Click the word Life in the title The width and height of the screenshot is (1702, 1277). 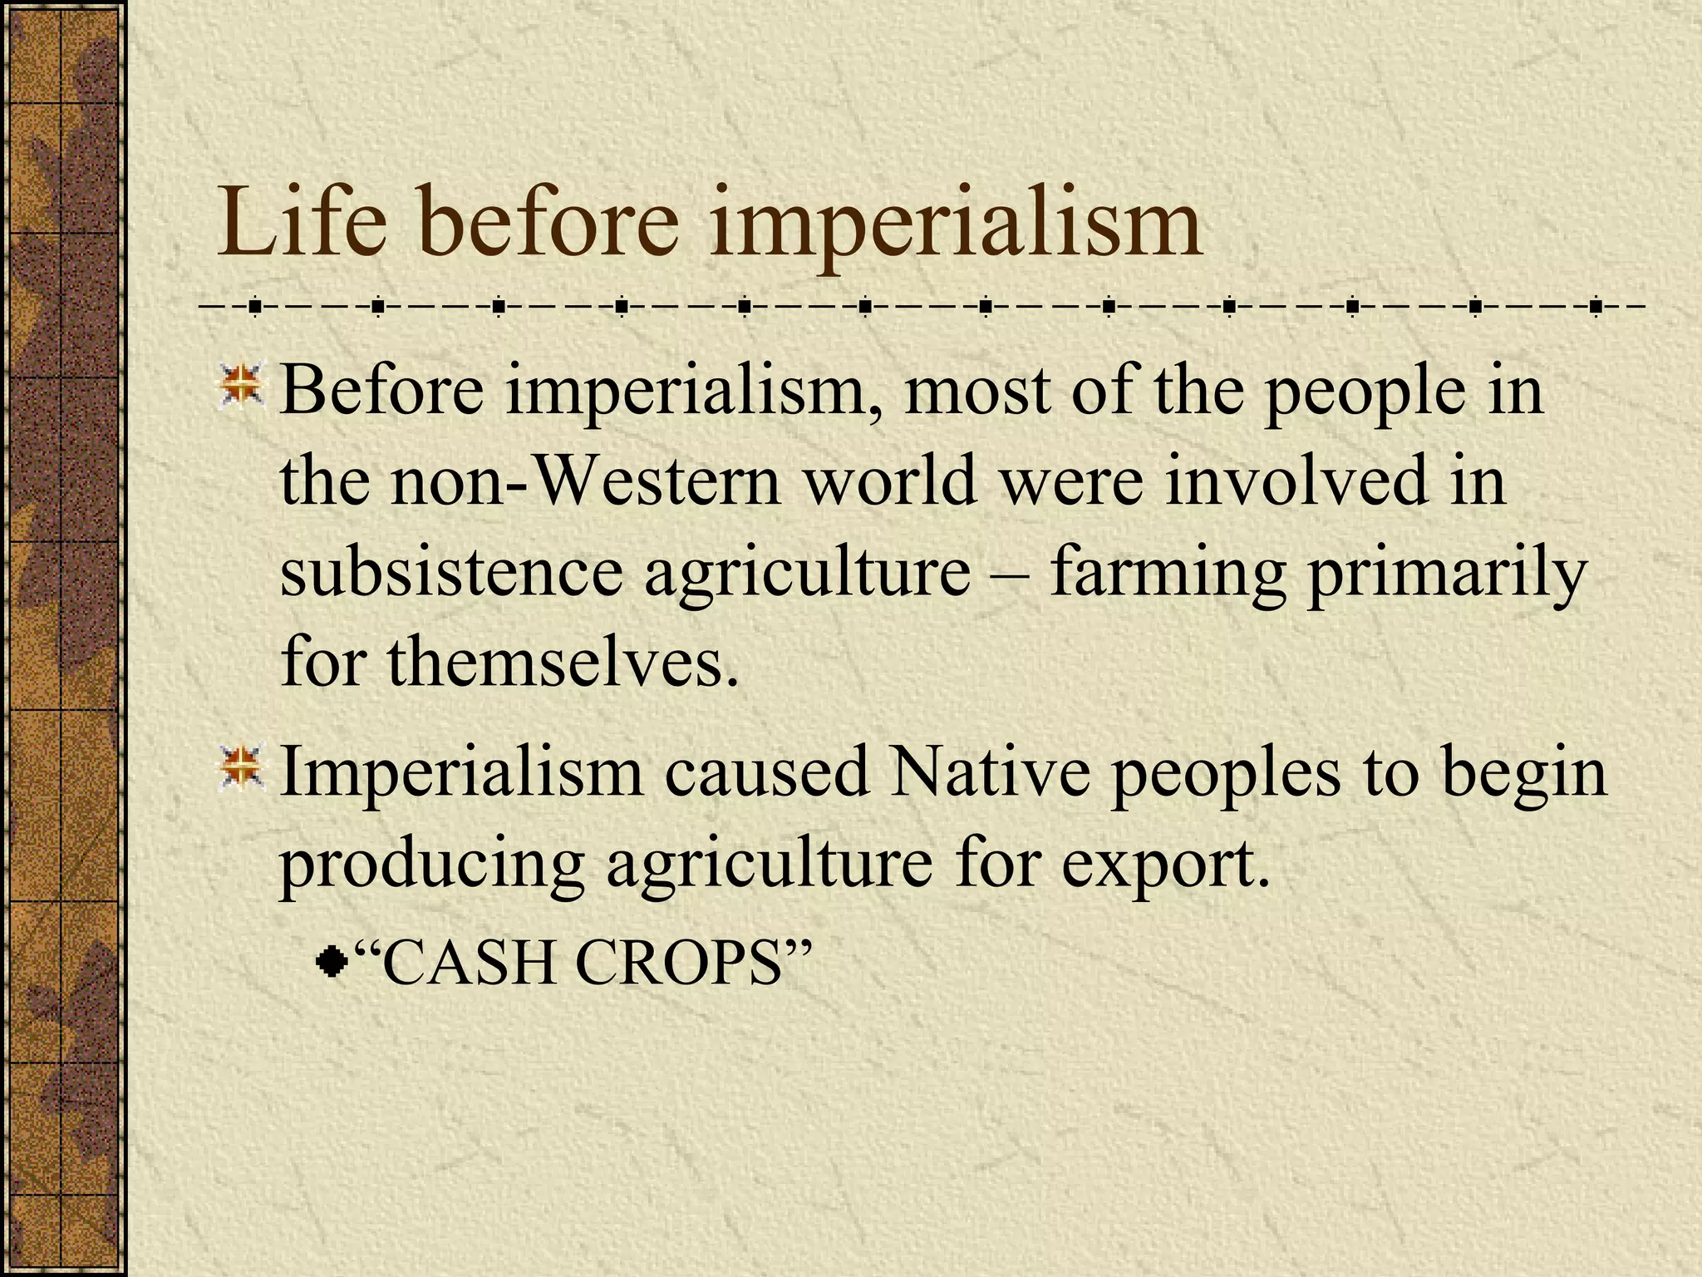click(x=302, y=223)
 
